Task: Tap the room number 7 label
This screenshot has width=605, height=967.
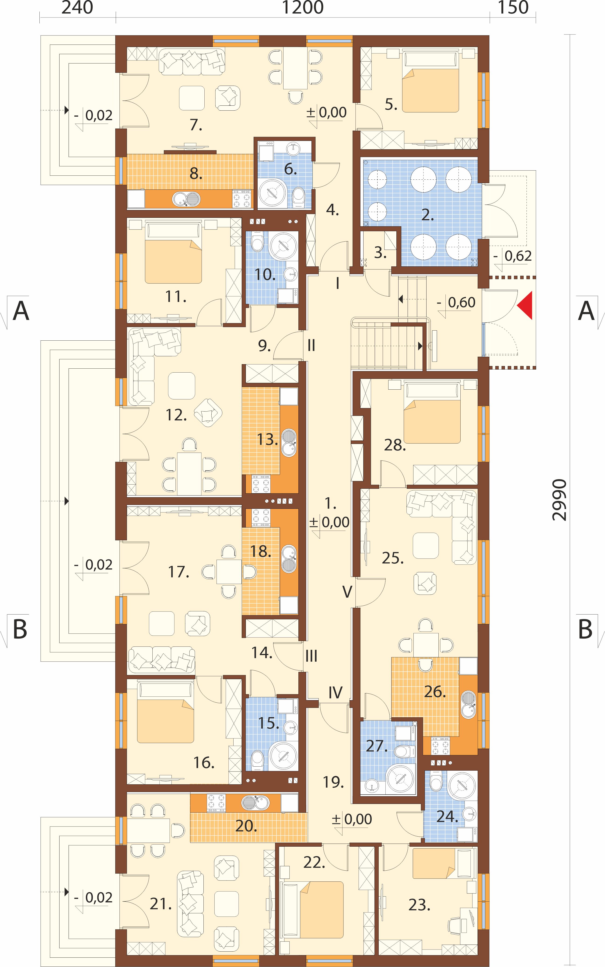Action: (x=196, y=125)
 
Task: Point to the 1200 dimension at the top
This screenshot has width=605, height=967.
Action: (x=303, y=8)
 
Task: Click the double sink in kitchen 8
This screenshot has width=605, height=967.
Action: (x=186, y=199)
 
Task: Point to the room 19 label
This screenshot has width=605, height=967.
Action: (x=333, y=782)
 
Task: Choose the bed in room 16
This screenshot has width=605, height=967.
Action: (x=166, y=712)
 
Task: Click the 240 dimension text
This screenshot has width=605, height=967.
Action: (x=77, y=8)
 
